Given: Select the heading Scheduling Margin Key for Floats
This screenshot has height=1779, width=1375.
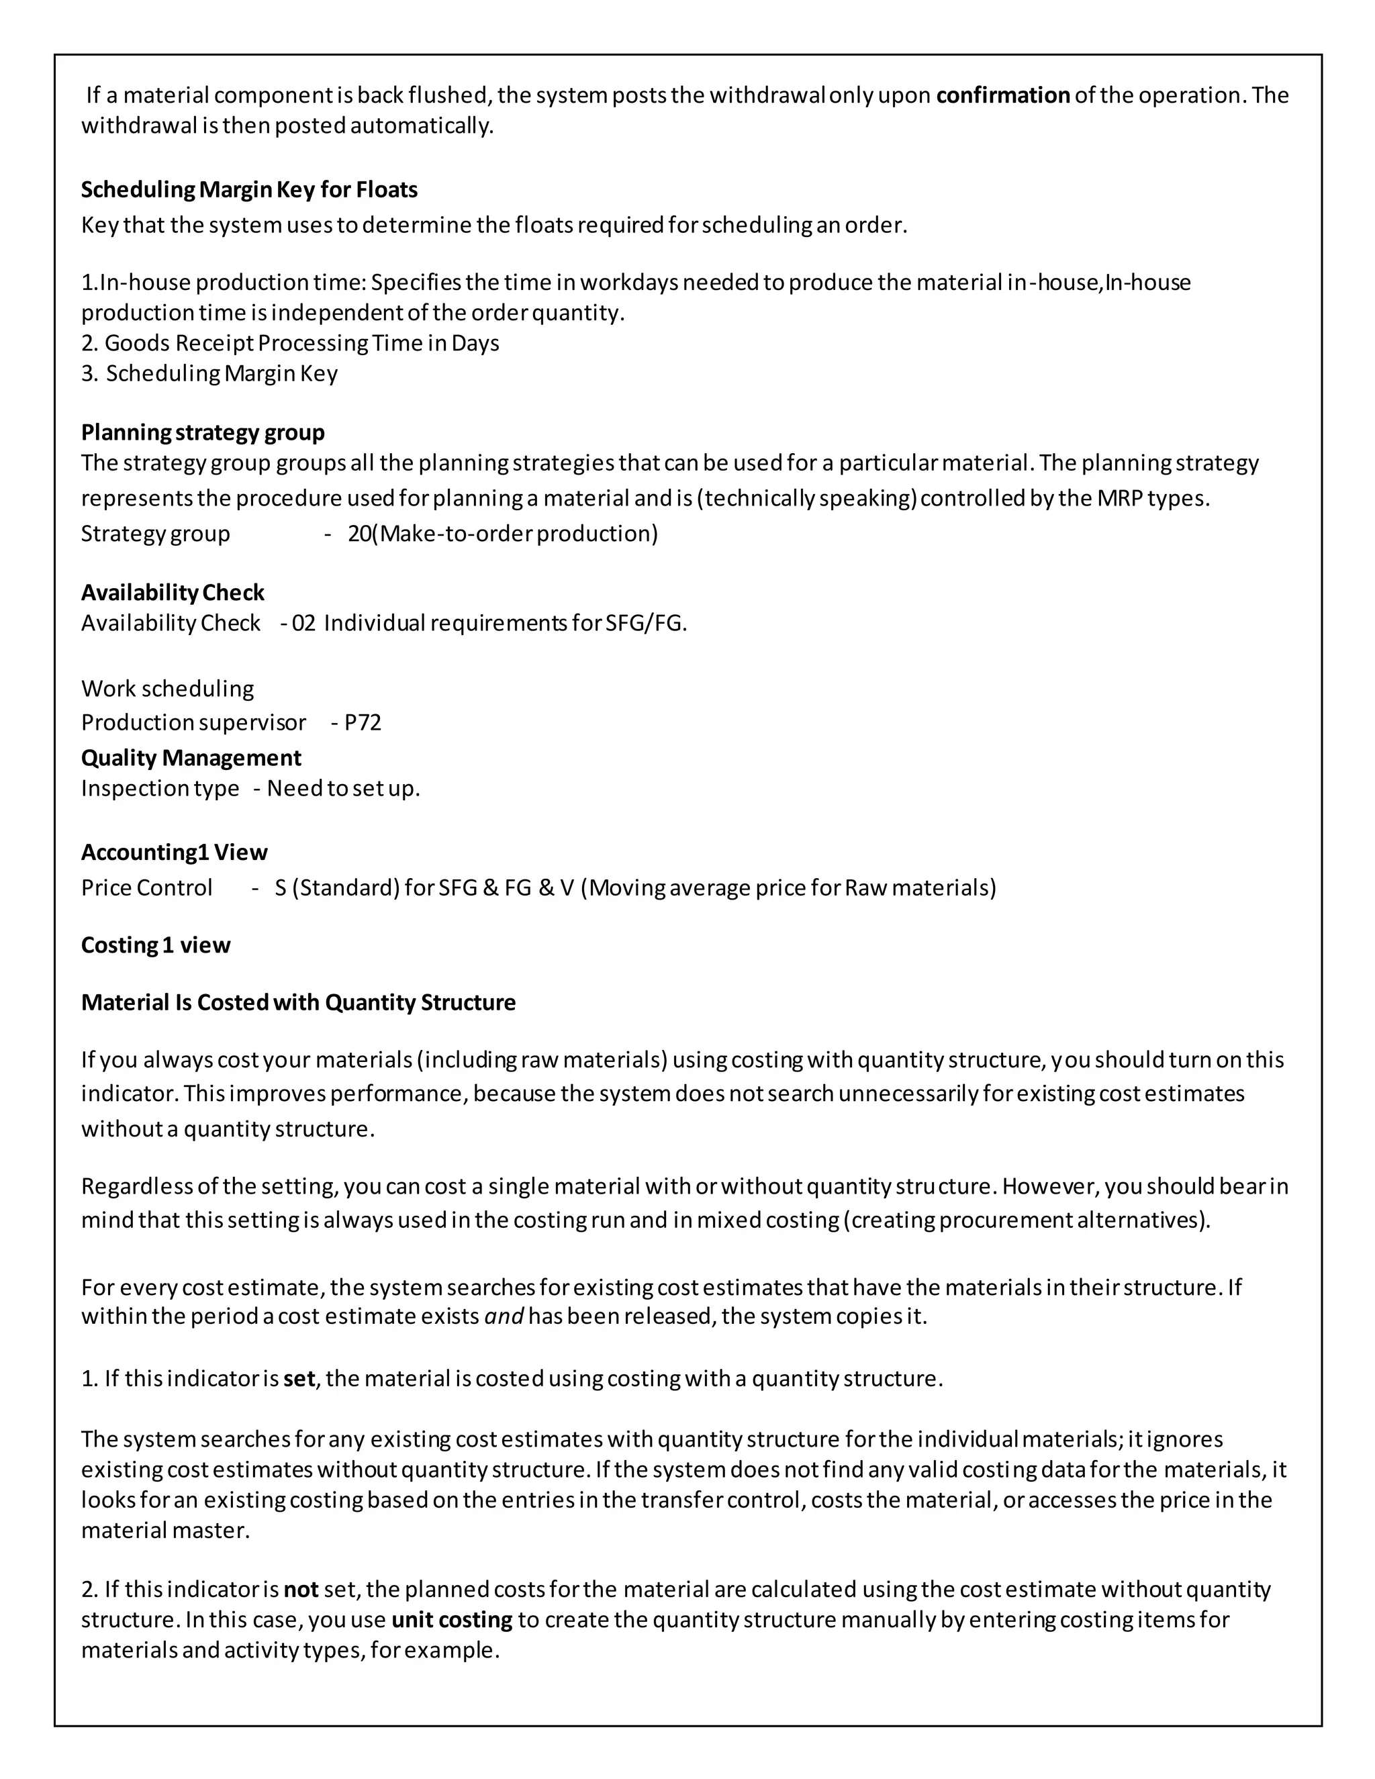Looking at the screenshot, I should (x=249, y=190).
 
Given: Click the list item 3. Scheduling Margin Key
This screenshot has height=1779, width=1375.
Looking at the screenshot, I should (x=209, y=373).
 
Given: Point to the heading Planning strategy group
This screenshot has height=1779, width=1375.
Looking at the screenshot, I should (x=203, y=432).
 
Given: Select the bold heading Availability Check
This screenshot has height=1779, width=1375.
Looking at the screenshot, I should (x=173, y=592).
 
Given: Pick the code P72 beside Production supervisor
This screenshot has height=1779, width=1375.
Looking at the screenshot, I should (x=363, y=722).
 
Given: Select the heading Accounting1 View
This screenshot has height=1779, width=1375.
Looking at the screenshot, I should (x=175, y=852).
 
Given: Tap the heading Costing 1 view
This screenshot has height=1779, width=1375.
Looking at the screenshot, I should (x=156, y=945).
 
